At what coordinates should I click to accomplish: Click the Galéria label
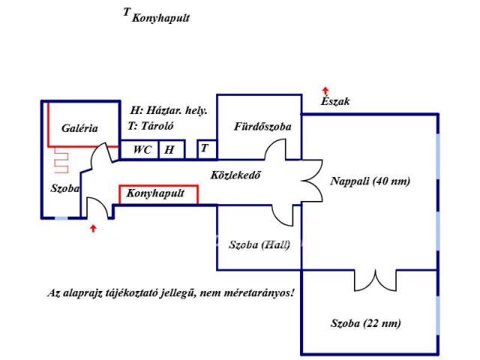[79, 128]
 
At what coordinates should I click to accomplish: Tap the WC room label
[142, 150]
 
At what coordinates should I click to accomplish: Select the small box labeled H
[169, 150]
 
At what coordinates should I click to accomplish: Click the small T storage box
[204, 148]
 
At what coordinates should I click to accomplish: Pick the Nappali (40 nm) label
[370, 181]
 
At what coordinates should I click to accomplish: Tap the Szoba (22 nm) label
[365, 323]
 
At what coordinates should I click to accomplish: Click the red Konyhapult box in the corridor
[158, 194]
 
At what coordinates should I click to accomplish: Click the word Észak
[334, 100]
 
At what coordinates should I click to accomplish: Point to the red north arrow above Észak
[325, 90]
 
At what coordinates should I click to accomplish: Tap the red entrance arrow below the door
[93, 227]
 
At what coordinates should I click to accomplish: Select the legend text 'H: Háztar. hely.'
[169, 109]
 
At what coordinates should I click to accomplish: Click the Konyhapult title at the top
[160, 17]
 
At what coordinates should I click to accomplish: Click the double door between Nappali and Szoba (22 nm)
[374, 280]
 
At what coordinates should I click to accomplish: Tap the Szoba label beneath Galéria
[65, 189]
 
